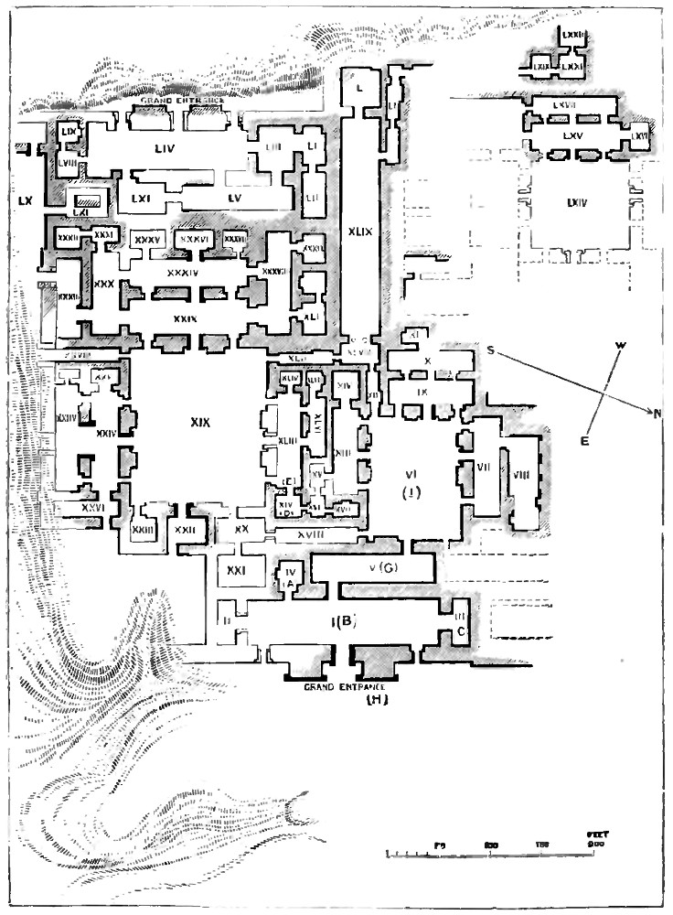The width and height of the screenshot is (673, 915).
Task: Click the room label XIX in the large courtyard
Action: point(200,424)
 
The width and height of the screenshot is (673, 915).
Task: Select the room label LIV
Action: point(166,146)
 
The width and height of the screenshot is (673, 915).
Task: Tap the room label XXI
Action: point(233,570)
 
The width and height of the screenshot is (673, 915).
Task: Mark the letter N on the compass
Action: point(657,414)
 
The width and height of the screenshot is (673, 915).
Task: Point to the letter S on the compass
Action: point(491,353)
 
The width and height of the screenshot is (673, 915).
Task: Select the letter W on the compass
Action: point(622,346)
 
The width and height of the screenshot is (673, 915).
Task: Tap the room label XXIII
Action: point(142,530)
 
